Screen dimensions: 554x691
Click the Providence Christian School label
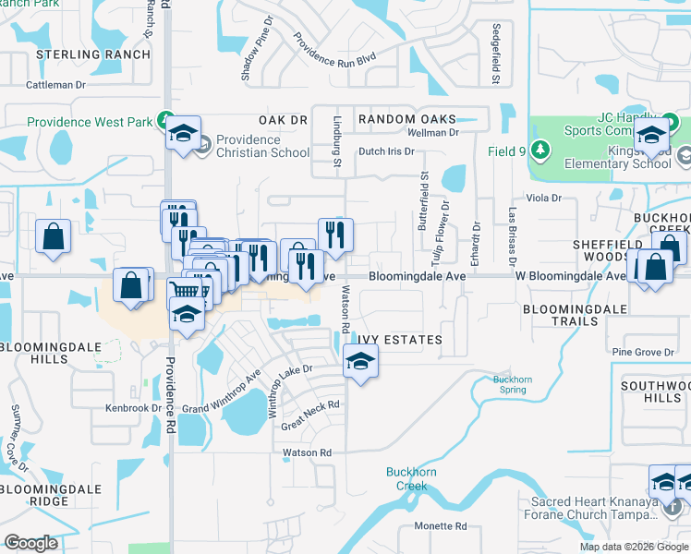coord(249,146)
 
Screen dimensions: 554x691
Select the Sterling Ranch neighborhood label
coord(93,54)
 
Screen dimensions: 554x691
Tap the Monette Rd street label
coord(440,525)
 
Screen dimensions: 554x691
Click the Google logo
coord(31,543)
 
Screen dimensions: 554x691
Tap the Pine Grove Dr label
coord(643,352)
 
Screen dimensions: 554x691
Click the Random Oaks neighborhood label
coord(407,119)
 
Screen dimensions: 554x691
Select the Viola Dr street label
coord(543,198)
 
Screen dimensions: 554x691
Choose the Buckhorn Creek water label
coord(406,479)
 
